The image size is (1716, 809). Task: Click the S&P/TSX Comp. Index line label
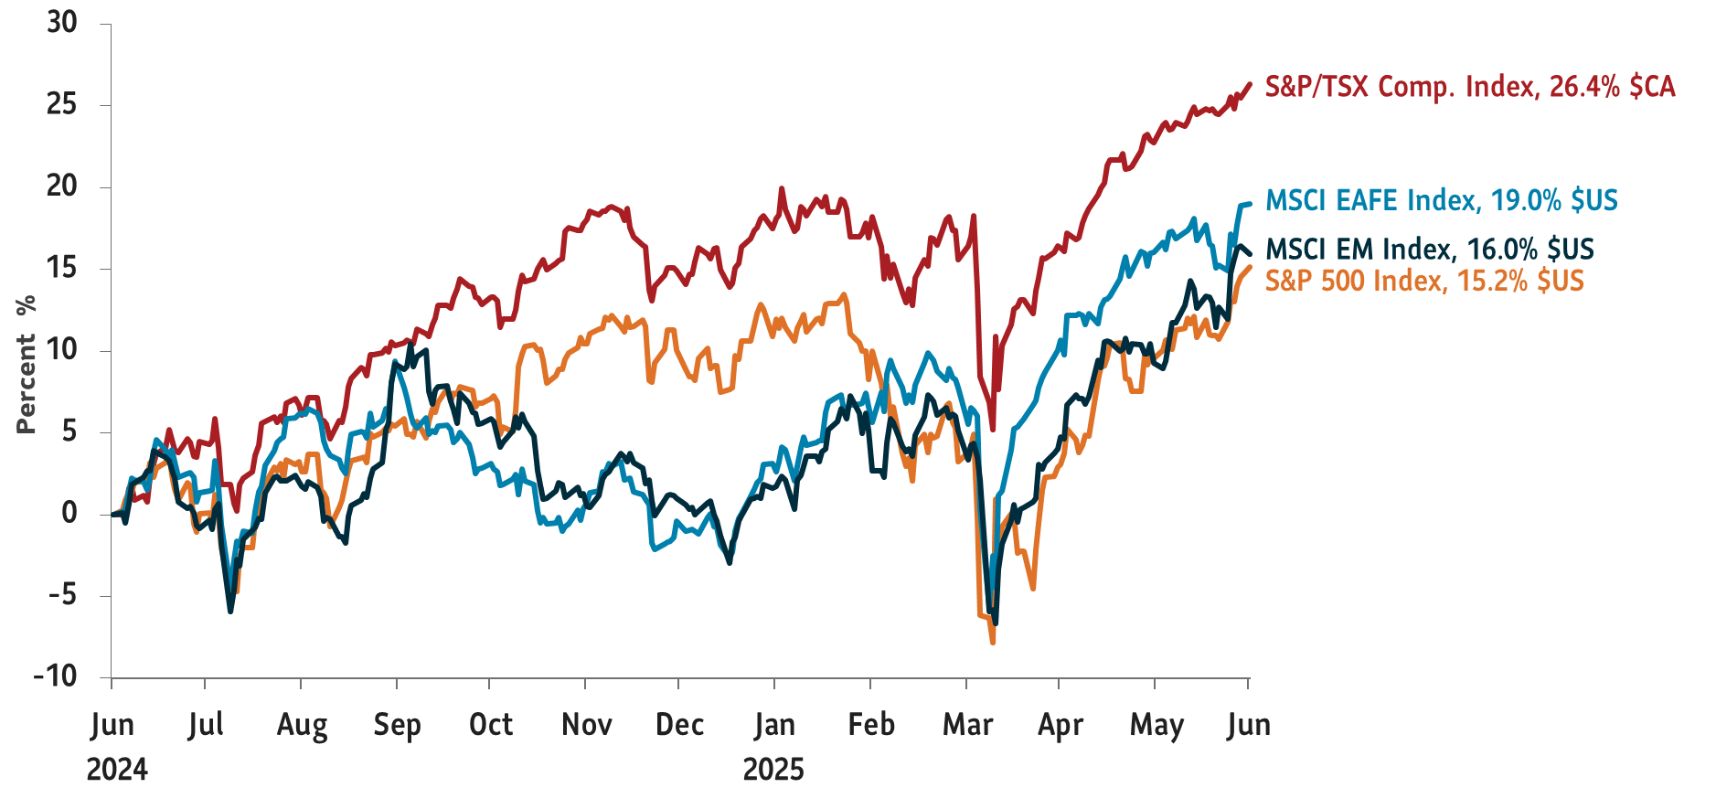pos(1469,87)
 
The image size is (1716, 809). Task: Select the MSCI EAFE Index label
pos(1441,200)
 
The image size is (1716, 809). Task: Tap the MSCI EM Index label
pos(1429,249)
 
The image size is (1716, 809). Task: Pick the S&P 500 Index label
pos(1423,280)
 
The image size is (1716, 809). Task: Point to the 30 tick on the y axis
pos(62,23)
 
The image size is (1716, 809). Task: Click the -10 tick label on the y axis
pos(56,676)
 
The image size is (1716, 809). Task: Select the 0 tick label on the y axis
pos(69,514)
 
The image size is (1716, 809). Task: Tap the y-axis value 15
pos(62,269)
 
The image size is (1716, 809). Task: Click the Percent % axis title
pos(25,363)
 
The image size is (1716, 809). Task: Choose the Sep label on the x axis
pos(397,725)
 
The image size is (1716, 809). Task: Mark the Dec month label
pos(679,725)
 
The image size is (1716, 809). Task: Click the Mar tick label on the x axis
pos(967,725)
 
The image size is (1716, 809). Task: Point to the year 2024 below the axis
pos(117,770)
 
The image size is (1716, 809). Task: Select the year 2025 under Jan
pos(773,770)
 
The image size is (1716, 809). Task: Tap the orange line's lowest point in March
pos(993,643)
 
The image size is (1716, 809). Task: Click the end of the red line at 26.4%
pos(1249,84)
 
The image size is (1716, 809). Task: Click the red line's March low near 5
pos(993,429)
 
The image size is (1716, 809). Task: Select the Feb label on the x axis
pos(870,725)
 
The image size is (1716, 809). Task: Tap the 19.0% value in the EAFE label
pos(1525,200)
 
